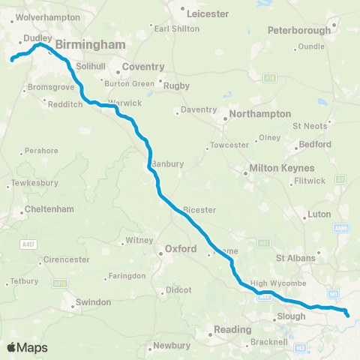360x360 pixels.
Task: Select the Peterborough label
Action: click(x=299, y=31)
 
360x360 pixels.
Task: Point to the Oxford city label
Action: click(x=181, y=248)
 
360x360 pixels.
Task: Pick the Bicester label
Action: click(x=198, y=210)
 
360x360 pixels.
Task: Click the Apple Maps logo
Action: click(x=28, y=347)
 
